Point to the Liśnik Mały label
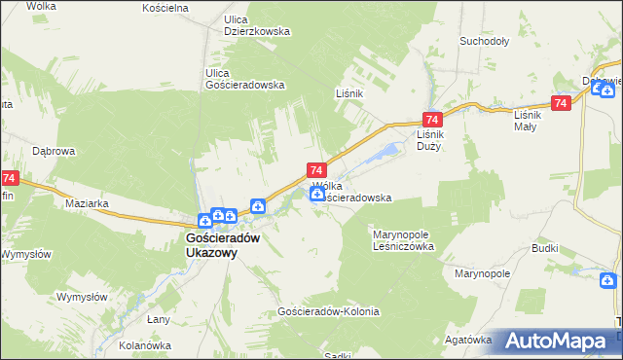pos(531,120)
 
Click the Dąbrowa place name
pos(54,151)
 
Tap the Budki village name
pos(544,248)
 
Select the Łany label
pos(159,319)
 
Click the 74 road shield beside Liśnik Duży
pos(429,116)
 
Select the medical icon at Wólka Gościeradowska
pos(317,196)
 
